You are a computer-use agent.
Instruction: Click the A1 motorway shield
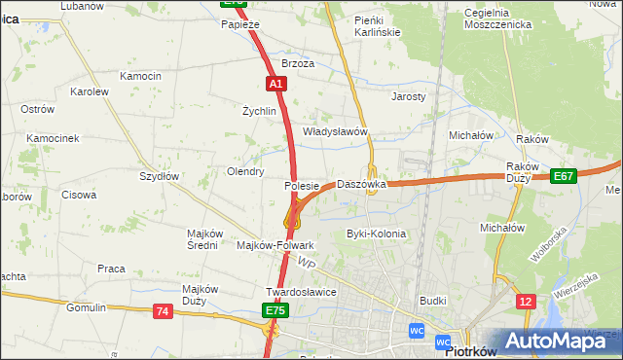click(x=276, y=84)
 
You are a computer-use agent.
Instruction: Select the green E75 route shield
click(x=275, y=310)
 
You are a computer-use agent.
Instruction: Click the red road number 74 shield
click(x=163, y=310)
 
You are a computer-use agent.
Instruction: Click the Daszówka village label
click(x=361, y=184)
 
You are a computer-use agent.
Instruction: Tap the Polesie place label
click(x=302, y=185)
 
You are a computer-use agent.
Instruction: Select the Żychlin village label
click(x=260, y=111)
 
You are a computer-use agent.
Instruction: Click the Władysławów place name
click(x=334, y=130)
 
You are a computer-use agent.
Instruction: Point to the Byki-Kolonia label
click(x=376, y=234)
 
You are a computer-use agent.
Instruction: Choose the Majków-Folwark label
click(x=275, y=245)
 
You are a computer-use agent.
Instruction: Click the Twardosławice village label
click(x=301, y=291)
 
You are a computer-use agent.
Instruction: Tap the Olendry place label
click(x=245, y=171)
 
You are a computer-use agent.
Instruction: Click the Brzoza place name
click(x=298, y=63)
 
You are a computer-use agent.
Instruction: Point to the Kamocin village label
click(x=140, y=76)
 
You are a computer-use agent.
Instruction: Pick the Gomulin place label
click(x=86, y=307)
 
